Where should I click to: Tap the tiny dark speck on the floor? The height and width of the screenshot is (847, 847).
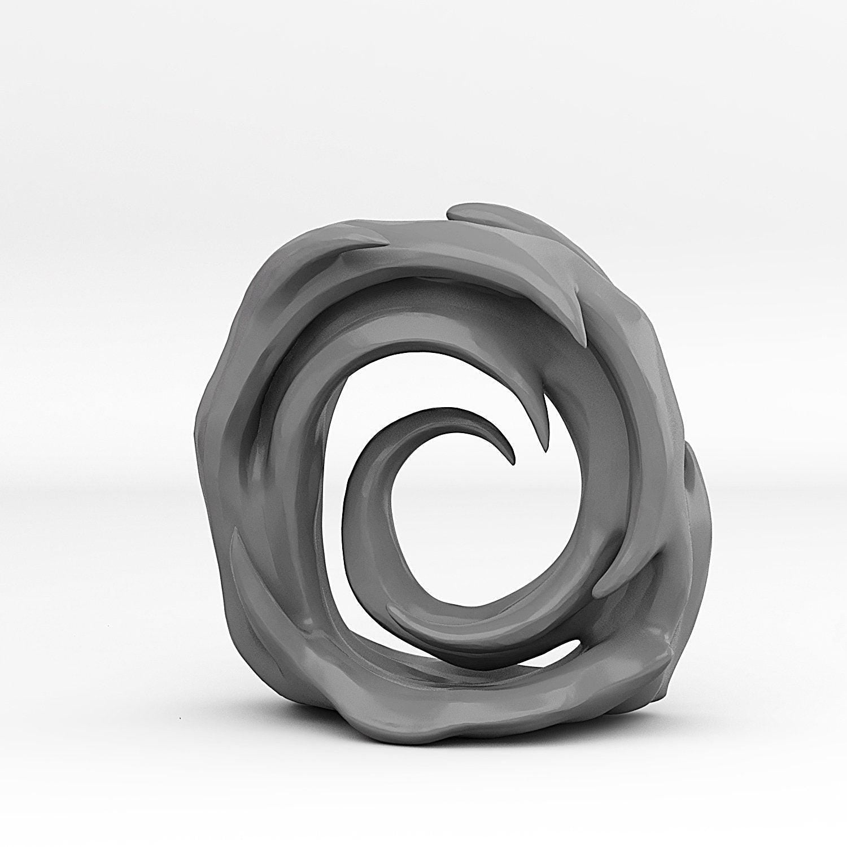180,719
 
